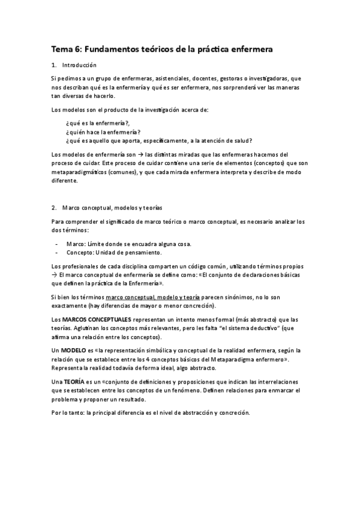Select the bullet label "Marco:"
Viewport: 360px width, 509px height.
point(76,243)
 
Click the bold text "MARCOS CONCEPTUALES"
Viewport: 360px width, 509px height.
point(97,319)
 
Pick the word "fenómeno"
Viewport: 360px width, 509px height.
point(183,390)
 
